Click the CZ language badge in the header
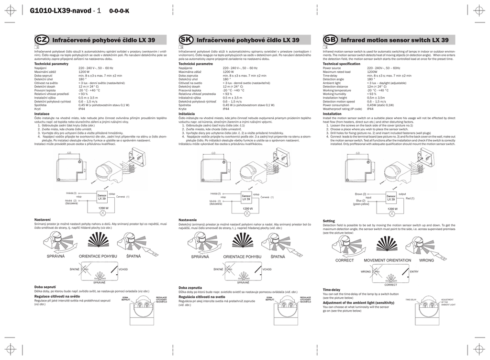click(41, 40)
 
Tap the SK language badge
click(185, 40)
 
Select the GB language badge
click(330, 40)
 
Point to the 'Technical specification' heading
click(341, 64)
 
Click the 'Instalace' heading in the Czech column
click(42, 114)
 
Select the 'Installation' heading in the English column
click(332, 114)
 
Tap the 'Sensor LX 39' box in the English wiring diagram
click(390, 197)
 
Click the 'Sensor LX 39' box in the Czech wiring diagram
click(102, 196)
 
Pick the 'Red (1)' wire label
click(410, 198)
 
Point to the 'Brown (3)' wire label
click(361, 194)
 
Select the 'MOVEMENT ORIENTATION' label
click(387, 260)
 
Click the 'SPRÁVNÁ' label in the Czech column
click(56, 257)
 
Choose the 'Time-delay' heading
click(332, 290)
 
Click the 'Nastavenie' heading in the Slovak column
click(188, 220)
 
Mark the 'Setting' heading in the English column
click(329, 221)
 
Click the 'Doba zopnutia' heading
click(190, 288)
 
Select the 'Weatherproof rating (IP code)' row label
click(342, 109)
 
